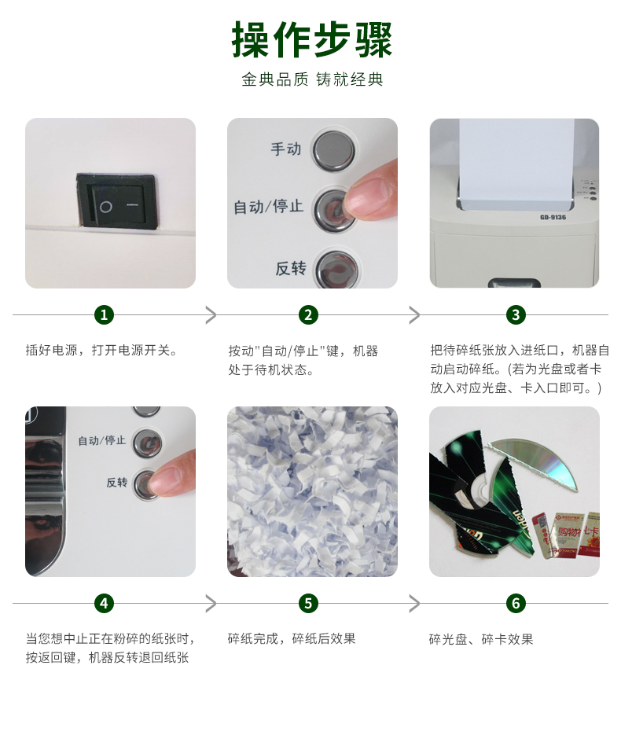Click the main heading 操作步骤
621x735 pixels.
pos(311,40)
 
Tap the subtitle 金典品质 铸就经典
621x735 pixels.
pos(312,79)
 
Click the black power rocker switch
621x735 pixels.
pos(116,200)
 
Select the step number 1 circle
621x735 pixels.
pos(104,315)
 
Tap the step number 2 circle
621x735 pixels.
pos(308,315)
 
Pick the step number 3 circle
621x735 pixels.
pos(516,315)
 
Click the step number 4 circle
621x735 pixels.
pos(104,603)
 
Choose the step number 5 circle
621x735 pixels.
pos(308,603)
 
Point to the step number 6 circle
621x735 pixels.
pos(516,603)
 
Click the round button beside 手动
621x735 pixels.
pos(333,150)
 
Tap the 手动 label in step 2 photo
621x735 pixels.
pos(286,149)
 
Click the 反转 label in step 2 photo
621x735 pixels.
pos(291,269)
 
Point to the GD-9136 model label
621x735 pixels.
pos(553,217)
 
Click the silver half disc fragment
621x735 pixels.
pos(539,461)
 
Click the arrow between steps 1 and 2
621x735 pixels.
pos(211,315)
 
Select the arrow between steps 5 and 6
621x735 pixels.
pos(414,603)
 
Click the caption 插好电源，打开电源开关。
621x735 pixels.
pos(101,350)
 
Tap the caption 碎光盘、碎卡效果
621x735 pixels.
pos(481,639)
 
